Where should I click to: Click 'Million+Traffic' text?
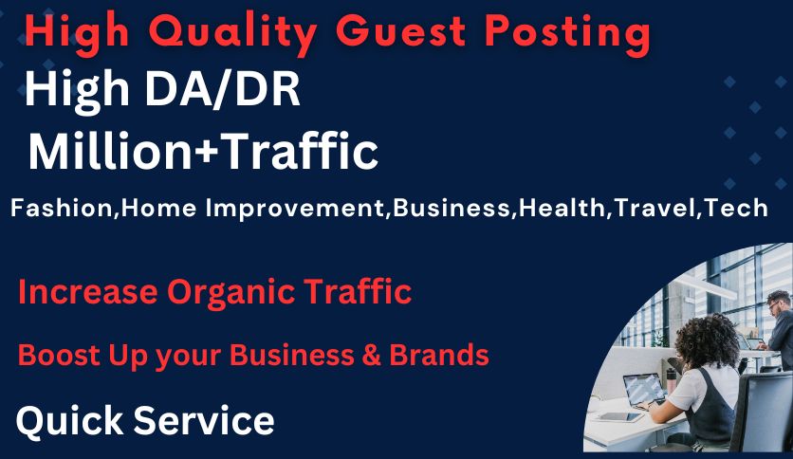203,152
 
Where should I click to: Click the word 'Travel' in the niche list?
654,209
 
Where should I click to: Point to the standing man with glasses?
778,327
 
